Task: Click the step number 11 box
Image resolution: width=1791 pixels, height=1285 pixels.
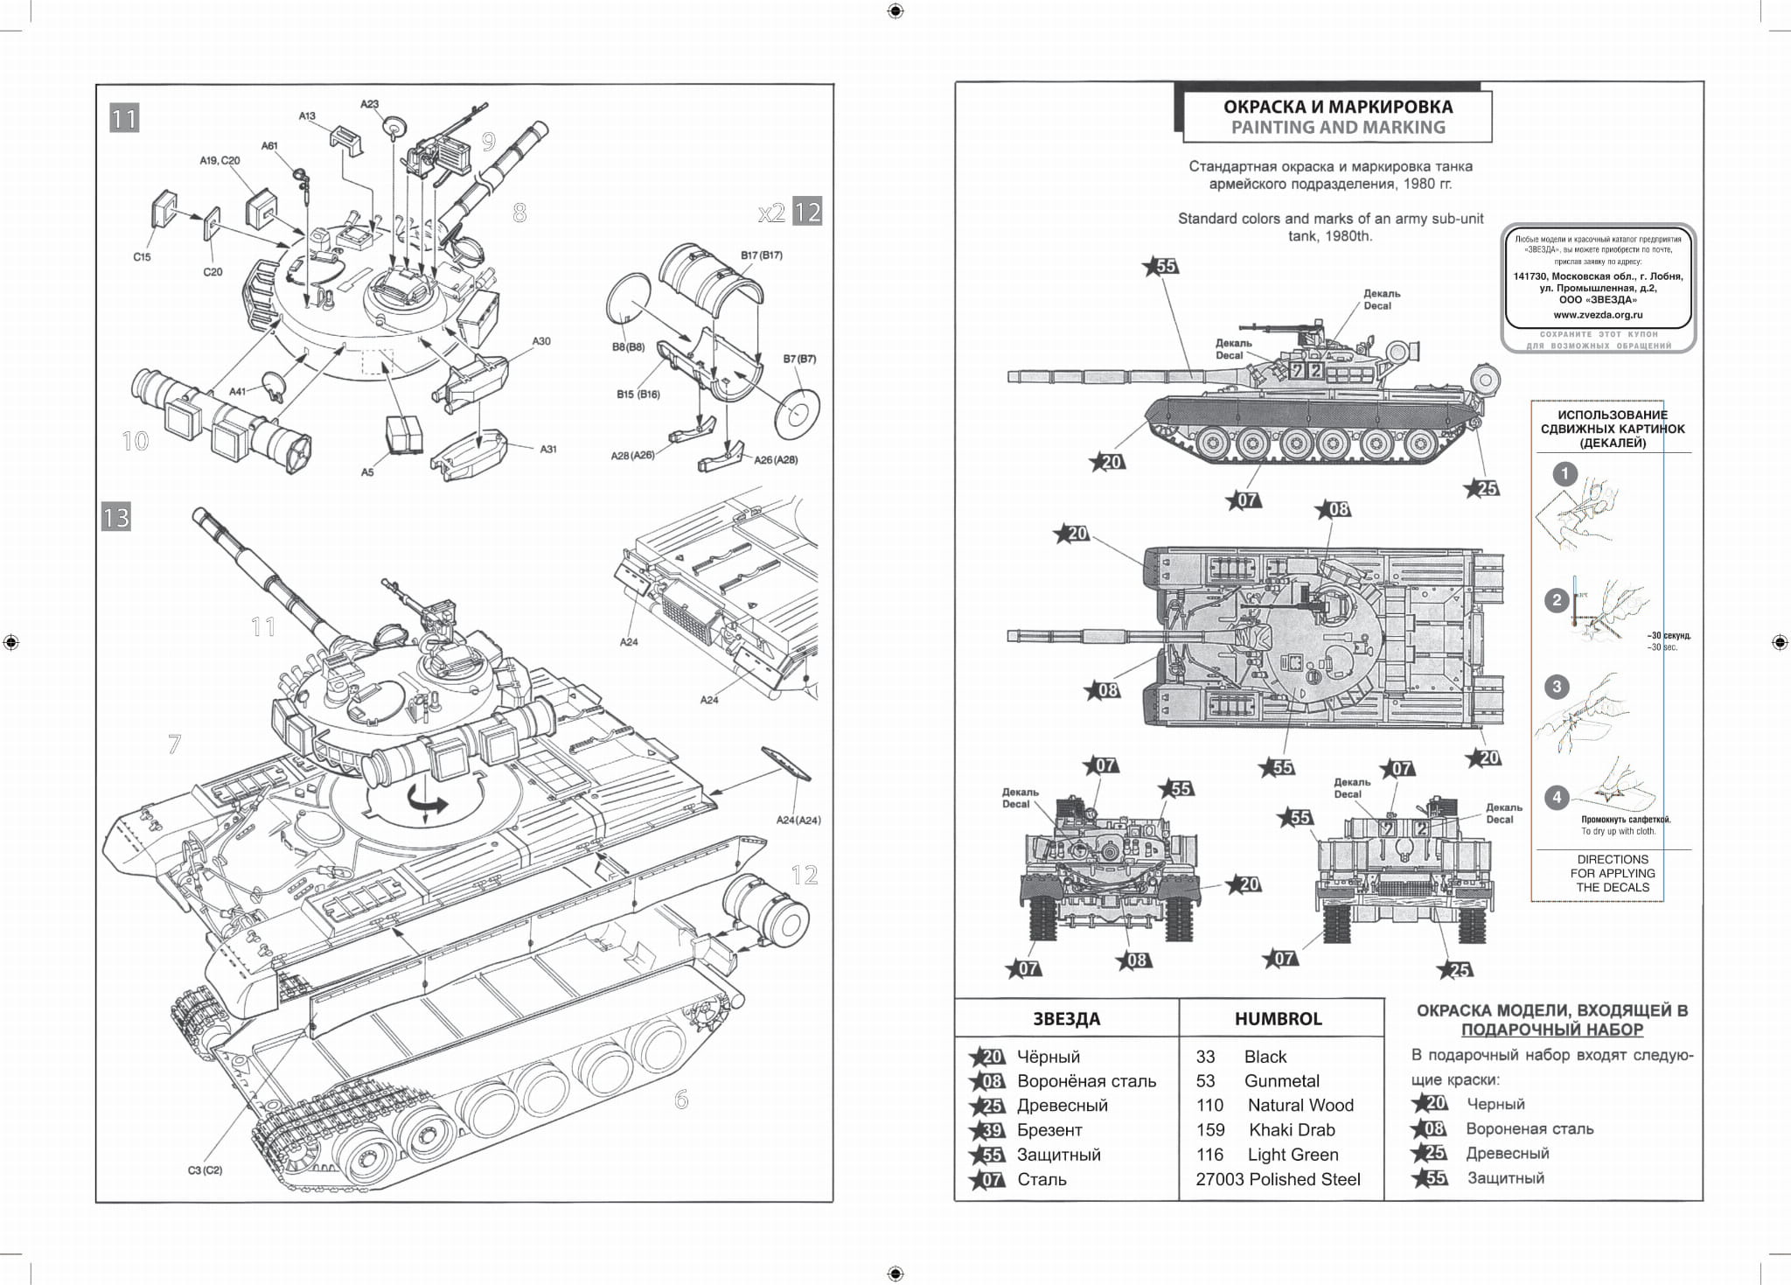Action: pyautogui.click(x=124, y=118)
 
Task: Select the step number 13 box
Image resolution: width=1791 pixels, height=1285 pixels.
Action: pyautogui.click(x=115, y=517)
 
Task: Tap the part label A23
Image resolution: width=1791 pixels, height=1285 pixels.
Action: pyautogui.click(x=370, y=104)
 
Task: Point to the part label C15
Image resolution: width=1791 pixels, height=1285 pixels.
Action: pyautogui.click(x=142, y=257)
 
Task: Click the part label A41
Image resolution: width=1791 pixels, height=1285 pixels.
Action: pyautogui.click(x=238, y=392)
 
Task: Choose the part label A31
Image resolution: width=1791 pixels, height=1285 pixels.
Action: pyautogui.click(x=548, y=449)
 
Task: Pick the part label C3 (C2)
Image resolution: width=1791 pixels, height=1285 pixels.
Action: pyautogui.click(x=205, y=1170)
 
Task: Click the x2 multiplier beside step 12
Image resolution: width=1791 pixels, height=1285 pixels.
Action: pyautogui.click(x=771, y=213)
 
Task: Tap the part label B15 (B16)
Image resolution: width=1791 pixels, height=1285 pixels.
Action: pyautogui.click(x=638, y=395)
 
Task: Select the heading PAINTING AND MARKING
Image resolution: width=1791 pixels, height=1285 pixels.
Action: pyautogui.click(x=1338, y=128)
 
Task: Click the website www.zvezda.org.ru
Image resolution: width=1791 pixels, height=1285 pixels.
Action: pyautogui.click(x=1598, y=315)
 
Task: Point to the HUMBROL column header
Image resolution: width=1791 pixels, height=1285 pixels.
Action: pyautogui.click(x=1278, y=1019)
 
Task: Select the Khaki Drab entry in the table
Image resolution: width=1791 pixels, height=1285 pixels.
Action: pyautogui.click(x=1292, y=1130)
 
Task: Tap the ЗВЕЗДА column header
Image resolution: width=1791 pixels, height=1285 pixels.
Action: pyautogui.click(x=1066, y=1019)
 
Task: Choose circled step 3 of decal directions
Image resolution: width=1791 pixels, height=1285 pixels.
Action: pyautogui.click(x=1556, y=687)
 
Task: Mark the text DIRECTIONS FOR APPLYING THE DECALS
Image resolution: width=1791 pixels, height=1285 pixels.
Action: pyautogui.click(x=1612, y=873)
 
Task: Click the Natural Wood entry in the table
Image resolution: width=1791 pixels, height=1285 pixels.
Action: pyautogui.click(x=1300, y=1106)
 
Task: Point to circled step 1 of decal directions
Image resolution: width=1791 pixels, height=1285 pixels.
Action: pyautogui.click(x=1565, y=475)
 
